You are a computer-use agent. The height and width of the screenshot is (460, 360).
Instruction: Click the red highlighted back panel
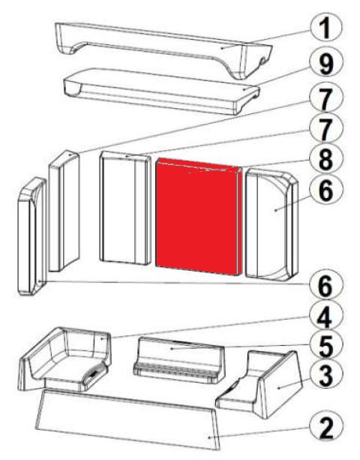pos(199,217)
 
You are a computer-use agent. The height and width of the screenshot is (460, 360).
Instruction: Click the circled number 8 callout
pos(326,159)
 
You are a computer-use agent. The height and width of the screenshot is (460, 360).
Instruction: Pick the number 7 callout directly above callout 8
pos(326,128)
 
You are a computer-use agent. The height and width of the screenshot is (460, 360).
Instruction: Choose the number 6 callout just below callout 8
pos(326,191)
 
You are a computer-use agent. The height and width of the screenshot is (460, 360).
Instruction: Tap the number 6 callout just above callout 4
pos(326,285)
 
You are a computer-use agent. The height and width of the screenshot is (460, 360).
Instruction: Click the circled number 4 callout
pos(326,317)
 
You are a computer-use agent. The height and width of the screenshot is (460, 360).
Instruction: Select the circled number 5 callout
pos(326,346)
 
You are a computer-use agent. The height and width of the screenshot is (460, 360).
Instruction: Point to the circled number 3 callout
pos(326,374)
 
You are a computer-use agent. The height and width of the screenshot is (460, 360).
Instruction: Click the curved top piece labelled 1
pos(164,46)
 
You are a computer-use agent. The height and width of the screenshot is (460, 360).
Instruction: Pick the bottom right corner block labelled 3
pos(261,384)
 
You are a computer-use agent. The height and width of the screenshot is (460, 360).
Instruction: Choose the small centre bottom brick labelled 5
pos(178,360)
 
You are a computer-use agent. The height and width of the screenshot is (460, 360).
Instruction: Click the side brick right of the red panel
pos(271,224)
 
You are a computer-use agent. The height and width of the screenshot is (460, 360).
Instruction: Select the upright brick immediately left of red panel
pos(125,208)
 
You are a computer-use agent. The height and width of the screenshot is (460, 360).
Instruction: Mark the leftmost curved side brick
pos(31,236)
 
